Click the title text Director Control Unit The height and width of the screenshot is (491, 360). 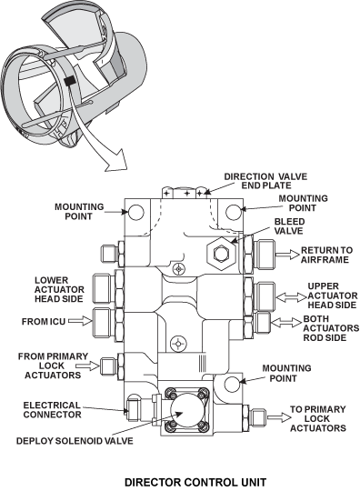(195, 482)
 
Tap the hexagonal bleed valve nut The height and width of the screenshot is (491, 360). (221, 253)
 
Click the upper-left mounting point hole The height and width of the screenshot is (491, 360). (135, 212)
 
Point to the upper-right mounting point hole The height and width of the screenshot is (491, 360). (234, 212)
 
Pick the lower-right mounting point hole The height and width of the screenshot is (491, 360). (233, 384)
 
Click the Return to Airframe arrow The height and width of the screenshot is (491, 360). (286, 255)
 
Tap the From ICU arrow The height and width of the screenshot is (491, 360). (80, 320)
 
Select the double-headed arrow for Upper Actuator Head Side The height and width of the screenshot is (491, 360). (292, 297)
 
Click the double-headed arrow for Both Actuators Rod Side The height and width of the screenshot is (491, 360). (286, 322)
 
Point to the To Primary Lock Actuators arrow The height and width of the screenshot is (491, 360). (279, 417)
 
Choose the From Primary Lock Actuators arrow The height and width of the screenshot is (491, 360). (87, 366)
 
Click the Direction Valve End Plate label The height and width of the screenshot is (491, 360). (265, 181)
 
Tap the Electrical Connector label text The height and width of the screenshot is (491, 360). (52, 410)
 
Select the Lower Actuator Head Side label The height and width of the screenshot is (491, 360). (59, 290)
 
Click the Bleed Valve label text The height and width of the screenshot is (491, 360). (289, 226)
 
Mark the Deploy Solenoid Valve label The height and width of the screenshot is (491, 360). (75, 441)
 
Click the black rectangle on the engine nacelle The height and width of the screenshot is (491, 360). (69, 81)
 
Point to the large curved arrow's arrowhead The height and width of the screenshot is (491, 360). (115, 160)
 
